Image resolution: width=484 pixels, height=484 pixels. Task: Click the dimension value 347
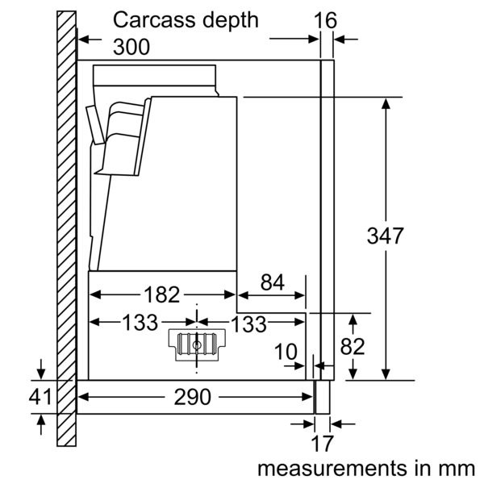tap(385, 236)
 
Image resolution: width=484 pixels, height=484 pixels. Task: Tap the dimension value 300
tap(131, 48)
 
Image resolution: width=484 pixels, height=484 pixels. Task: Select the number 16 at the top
tap(326, 20)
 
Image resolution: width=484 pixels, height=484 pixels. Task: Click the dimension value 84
tap(272, 282)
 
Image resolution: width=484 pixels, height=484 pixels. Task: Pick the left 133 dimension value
tap(140, 323)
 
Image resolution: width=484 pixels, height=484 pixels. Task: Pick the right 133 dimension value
tap(248, 323)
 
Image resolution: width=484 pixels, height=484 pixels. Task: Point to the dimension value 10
tap(285, 352)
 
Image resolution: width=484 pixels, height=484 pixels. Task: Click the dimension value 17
tap(322, 444)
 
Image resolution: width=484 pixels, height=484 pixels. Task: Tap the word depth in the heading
tap(230, 20)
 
